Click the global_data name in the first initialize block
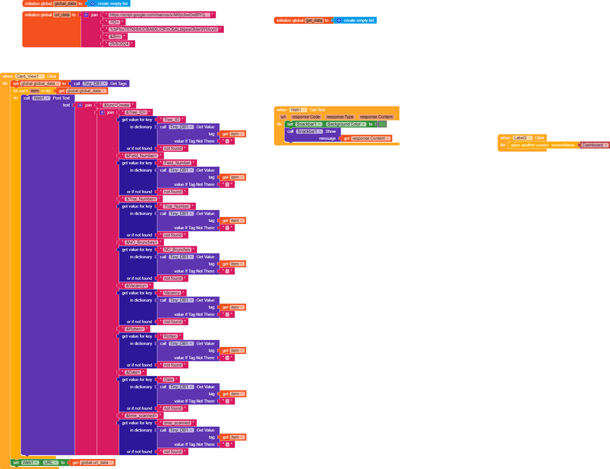pos(65,4)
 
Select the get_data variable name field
pos(314,20)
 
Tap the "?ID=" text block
pos(114,22)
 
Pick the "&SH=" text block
pos(116,36)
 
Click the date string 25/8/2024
pos(119,44)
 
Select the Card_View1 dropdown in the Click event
pos(29,76)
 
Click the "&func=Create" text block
pos(116,105)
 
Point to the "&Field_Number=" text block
pos(141,156)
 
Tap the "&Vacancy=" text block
pos(136,286)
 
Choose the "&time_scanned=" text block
pos(141,415)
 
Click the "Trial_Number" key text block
pos(176,207)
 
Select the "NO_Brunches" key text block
pos(177,250)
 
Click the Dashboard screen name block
pos(594,145)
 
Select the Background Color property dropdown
pos(345,124)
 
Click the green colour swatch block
pos(382,124)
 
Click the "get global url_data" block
pos(92,462)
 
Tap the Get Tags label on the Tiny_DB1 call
pos(119,84)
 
